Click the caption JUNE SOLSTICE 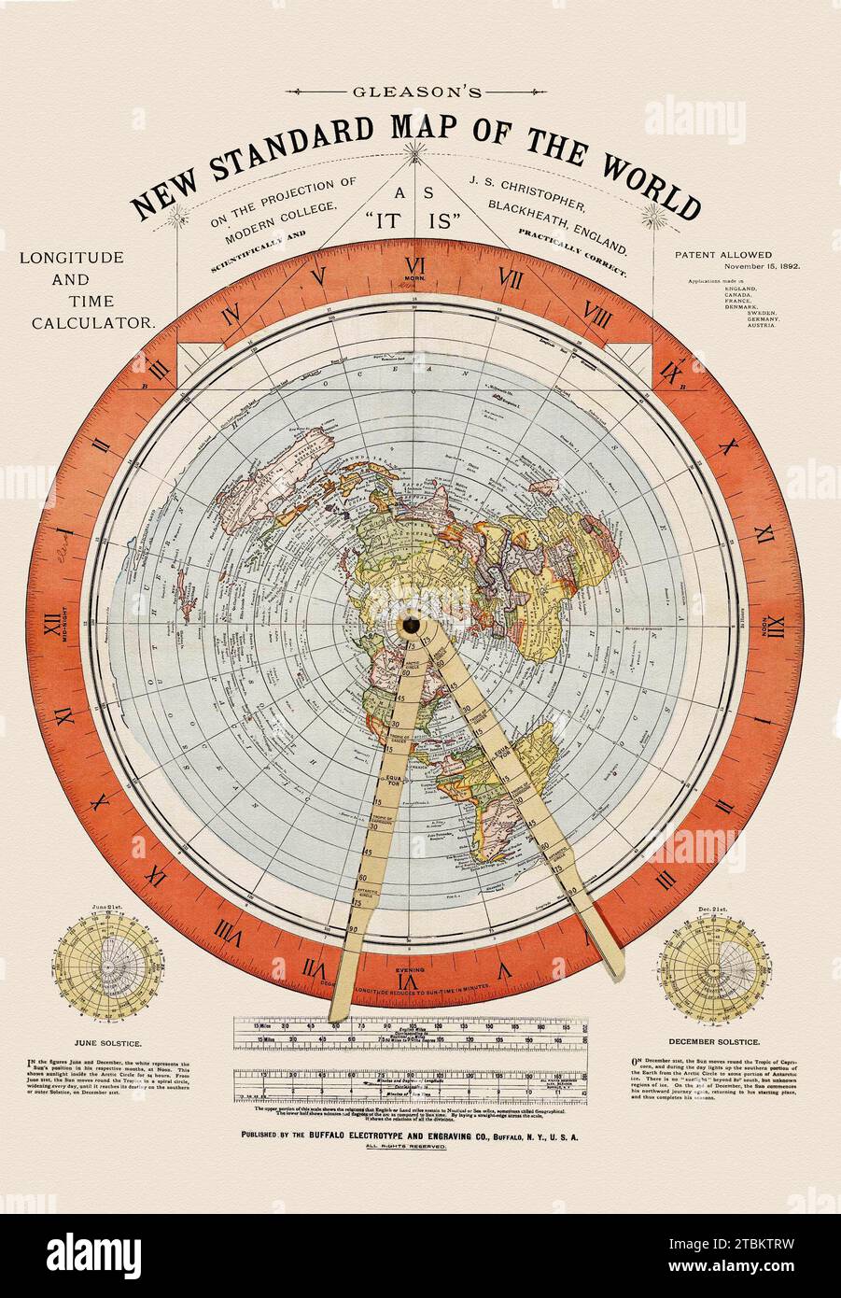(x=100, y=1037)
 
